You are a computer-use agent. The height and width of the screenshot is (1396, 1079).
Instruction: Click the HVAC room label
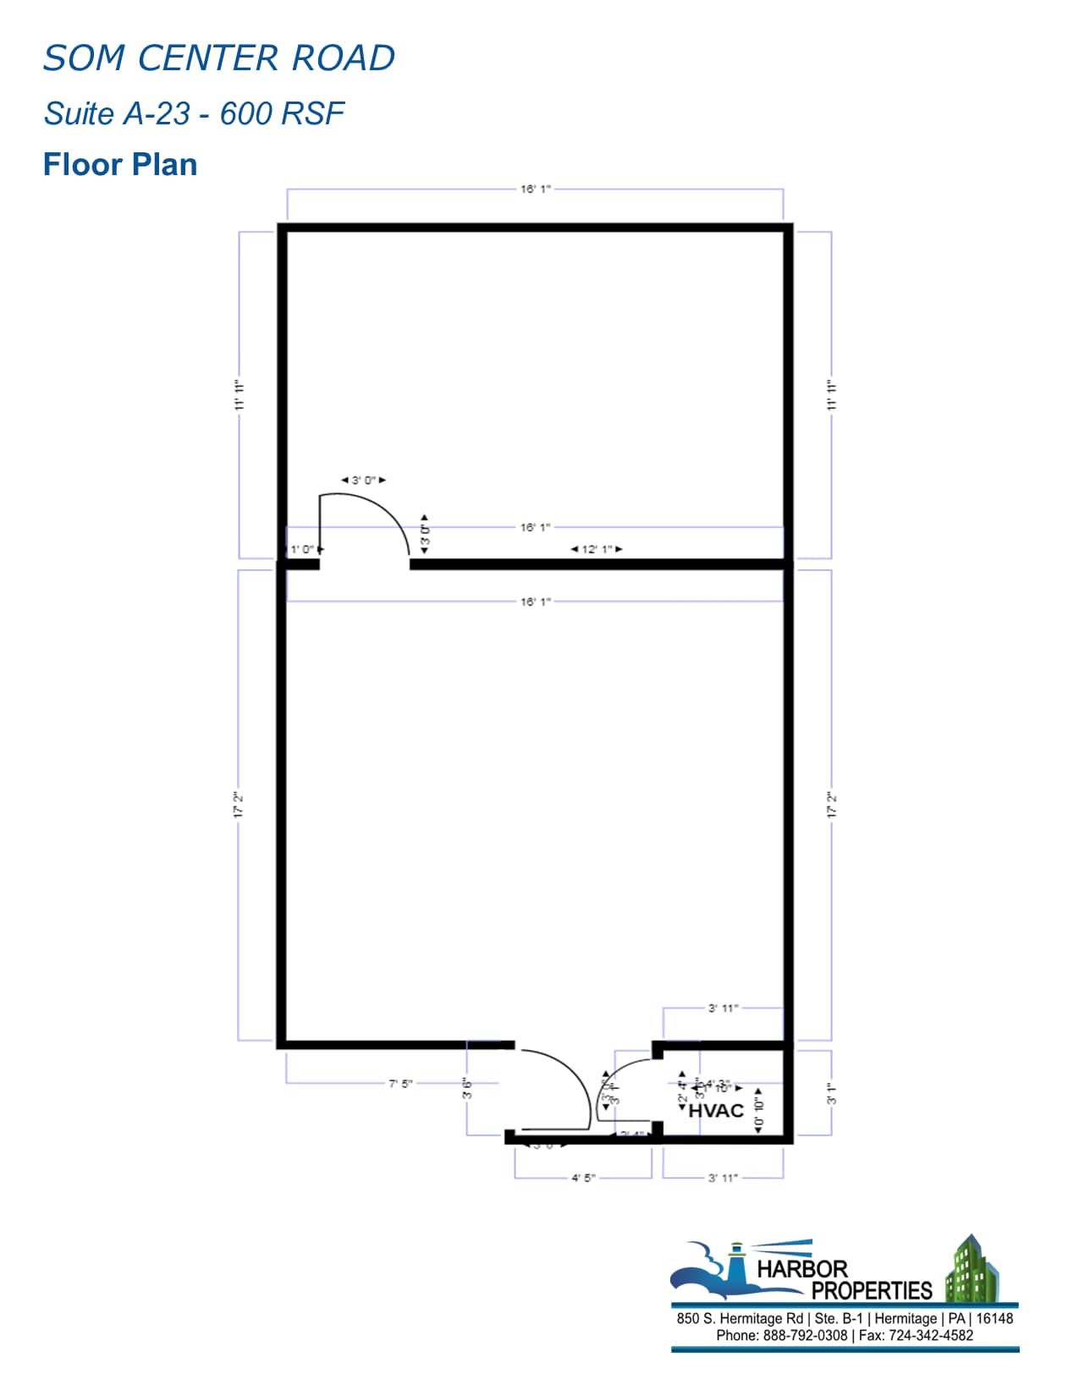pos(716,1110)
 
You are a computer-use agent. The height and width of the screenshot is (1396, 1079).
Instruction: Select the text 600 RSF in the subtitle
pos(282,113)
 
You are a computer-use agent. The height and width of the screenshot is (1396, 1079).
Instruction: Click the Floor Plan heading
pos(120,164)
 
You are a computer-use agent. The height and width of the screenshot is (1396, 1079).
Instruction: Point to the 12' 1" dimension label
pos(597,549)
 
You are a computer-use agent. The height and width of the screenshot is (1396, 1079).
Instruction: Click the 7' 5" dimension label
pos(400,1083)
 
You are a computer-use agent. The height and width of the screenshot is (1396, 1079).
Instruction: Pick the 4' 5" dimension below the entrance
pos(583,1177)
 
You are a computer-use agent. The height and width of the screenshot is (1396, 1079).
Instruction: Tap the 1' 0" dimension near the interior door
pos(302,549)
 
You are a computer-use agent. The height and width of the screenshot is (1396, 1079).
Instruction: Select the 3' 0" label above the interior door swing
pos(363,480)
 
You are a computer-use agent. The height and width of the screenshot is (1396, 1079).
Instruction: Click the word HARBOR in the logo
pos(801,1269)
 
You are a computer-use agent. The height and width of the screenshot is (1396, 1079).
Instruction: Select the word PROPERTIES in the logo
pos(872,1290)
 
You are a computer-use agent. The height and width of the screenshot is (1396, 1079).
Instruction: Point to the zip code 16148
pos(994,1318)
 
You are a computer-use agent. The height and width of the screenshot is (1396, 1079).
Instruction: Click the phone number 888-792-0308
pos(805,1335)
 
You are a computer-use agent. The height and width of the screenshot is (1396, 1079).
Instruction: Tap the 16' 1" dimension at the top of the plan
pos(535,189)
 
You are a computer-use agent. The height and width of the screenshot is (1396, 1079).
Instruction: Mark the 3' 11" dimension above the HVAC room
pos(723,1008)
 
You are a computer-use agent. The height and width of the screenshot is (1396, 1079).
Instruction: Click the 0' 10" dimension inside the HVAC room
pos(759,1111)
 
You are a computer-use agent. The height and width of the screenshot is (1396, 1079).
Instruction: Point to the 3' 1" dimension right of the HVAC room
pos(831,1094)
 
